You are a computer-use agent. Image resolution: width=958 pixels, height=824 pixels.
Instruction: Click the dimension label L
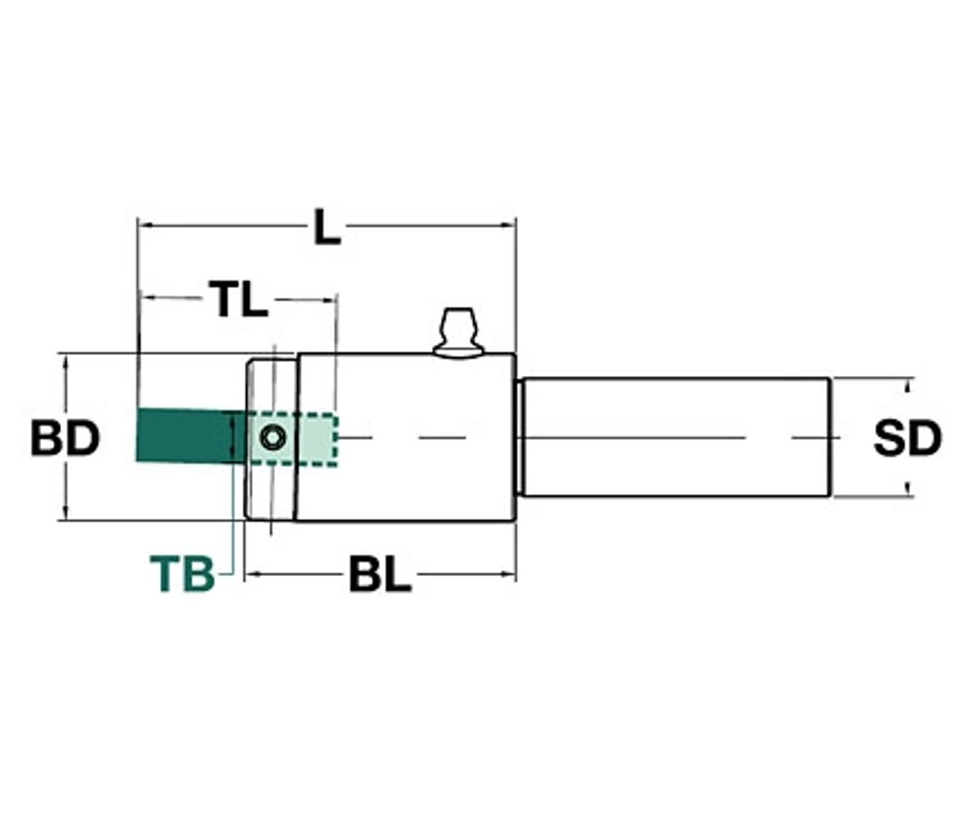pos(327,227)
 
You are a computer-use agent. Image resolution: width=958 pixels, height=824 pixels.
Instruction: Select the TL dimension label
pos(238,299)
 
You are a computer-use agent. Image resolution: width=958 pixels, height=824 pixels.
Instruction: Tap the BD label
pos(65,438)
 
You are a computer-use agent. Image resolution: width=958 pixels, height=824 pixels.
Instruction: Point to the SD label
pos(908,438)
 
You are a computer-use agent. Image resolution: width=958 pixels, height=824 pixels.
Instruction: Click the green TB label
pos(182,575)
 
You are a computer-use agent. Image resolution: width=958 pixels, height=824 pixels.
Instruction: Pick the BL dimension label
pos(380,575)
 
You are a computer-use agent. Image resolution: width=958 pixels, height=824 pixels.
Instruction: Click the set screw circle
pos(273,437)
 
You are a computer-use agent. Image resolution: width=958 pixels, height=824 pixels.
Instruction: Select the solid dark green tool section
pos(191,436)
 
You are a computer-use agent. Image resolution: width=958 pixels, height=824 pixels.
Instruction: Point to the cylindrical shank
pos(675,437)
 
